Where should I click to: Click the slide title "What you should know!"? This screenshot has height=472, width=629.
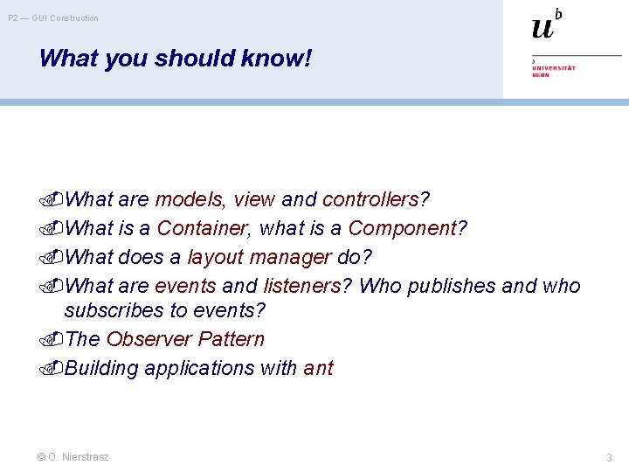(175, 59)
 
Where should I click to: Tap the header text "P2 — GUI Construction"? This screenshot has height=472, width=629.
(53, 18)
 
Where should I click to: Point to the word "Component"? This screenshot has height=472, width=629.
(403, 228)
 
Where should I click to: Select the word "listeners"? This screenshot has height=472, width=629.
(301, 286)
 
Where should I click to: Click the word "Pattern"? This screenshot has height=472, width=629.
(232, 339)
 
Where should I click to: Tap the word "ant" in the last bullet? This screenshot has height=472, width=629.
(318, 368)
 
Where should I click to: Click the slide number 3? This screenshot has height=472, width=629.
(609, 457)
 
